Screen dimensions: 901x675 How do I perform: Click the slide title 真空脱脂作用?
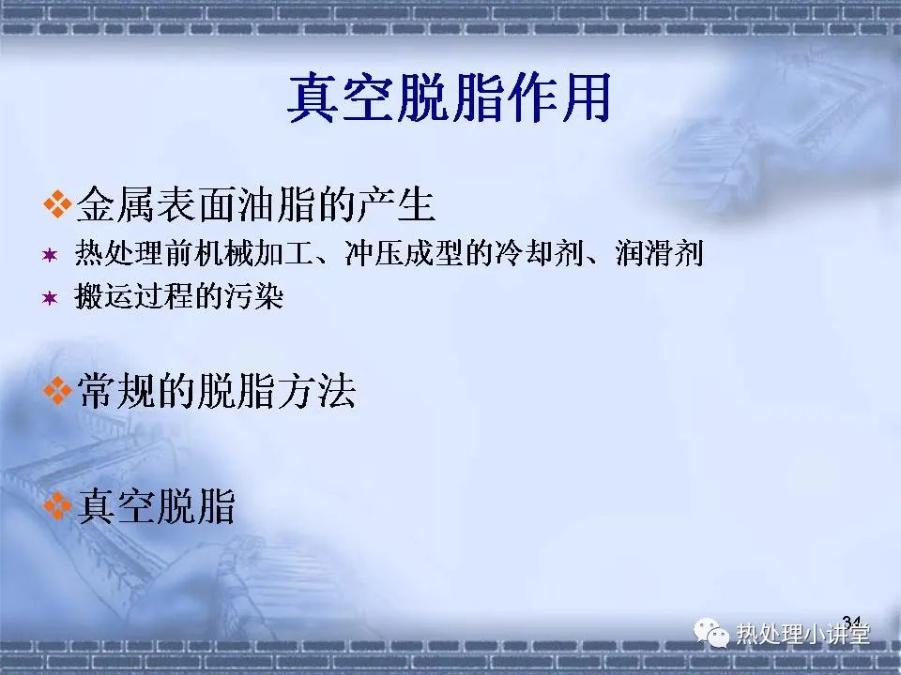[x=450, y=98]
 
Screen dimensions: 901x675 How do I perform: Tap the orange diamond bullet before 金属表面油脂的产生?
[x=57, y=203]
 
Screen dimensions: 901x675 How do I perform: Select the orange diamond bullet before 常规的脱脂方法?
[x=57, y=391]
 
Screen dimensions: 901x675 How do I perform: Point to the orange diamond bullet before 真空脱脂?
[x=57, y=505]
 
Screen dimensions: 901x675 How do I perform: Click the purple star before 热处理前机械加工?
[x=50, y=255]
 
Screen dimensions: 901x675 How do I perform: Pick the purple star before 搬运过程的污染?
[x=50, y=298]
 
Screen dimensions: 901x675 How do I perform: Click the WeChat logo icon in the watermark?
[x=711, y=633]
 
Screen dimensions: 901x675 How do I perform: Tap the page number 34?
[x=851, y=621]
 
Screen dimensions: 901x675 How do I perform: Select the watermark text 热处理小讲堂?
[x=802, y=635]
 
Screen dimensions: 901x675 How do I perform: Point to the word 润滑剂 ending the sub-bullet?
[x=660, y=253]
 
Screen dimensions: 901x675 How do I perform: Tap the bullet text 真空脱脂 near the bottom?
[x=157, y=505]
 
